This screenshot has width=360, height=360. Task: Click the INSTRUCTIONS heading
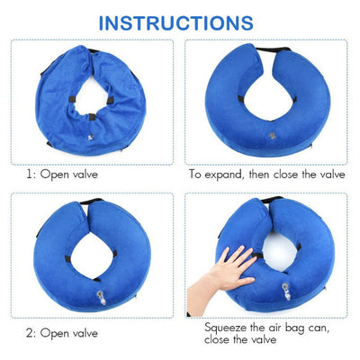(x=176, y=22)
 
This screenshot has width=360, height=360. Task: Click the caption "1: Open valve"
(x=62, y=175)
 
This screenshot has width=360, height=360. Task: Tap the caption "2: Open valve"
(x=62, y=333)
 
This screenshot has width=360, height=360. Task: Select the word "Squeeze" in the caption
(x=225, y=328)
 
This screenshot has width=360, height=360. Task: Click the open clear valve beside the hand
(x=286, y=291)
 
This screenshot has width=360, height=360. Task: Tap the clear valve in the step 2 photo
(x=101, y=297)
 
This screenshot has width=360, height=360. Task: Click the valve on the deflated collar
(x=90, y=138)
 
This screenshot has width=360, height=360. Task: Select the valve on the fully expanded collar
(x=273, y=135)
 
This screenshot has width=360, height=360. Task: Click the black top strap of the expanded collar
(x=273, y=49)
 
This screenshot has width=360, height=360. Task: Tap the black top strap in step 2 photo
(x=92, y=202)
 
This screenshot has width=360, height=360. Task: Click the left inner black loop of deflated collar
(x=72, y=99)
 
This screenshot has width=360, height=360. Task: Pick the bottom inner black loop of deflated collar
(x=93, y=117)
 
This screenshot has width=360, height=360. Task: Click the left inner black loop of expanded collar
(x=241, y=99)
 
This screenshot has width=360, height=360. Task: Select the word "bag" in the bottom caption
(x=295, y=328)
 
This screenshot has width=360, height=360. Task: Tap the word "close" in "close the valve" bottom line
(x=217, y=339)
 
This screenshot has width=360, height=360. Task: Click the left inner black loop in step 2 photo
(x=68, y=258)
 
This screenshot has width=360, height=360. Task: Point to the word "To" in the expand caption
(x=195, y=175)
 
